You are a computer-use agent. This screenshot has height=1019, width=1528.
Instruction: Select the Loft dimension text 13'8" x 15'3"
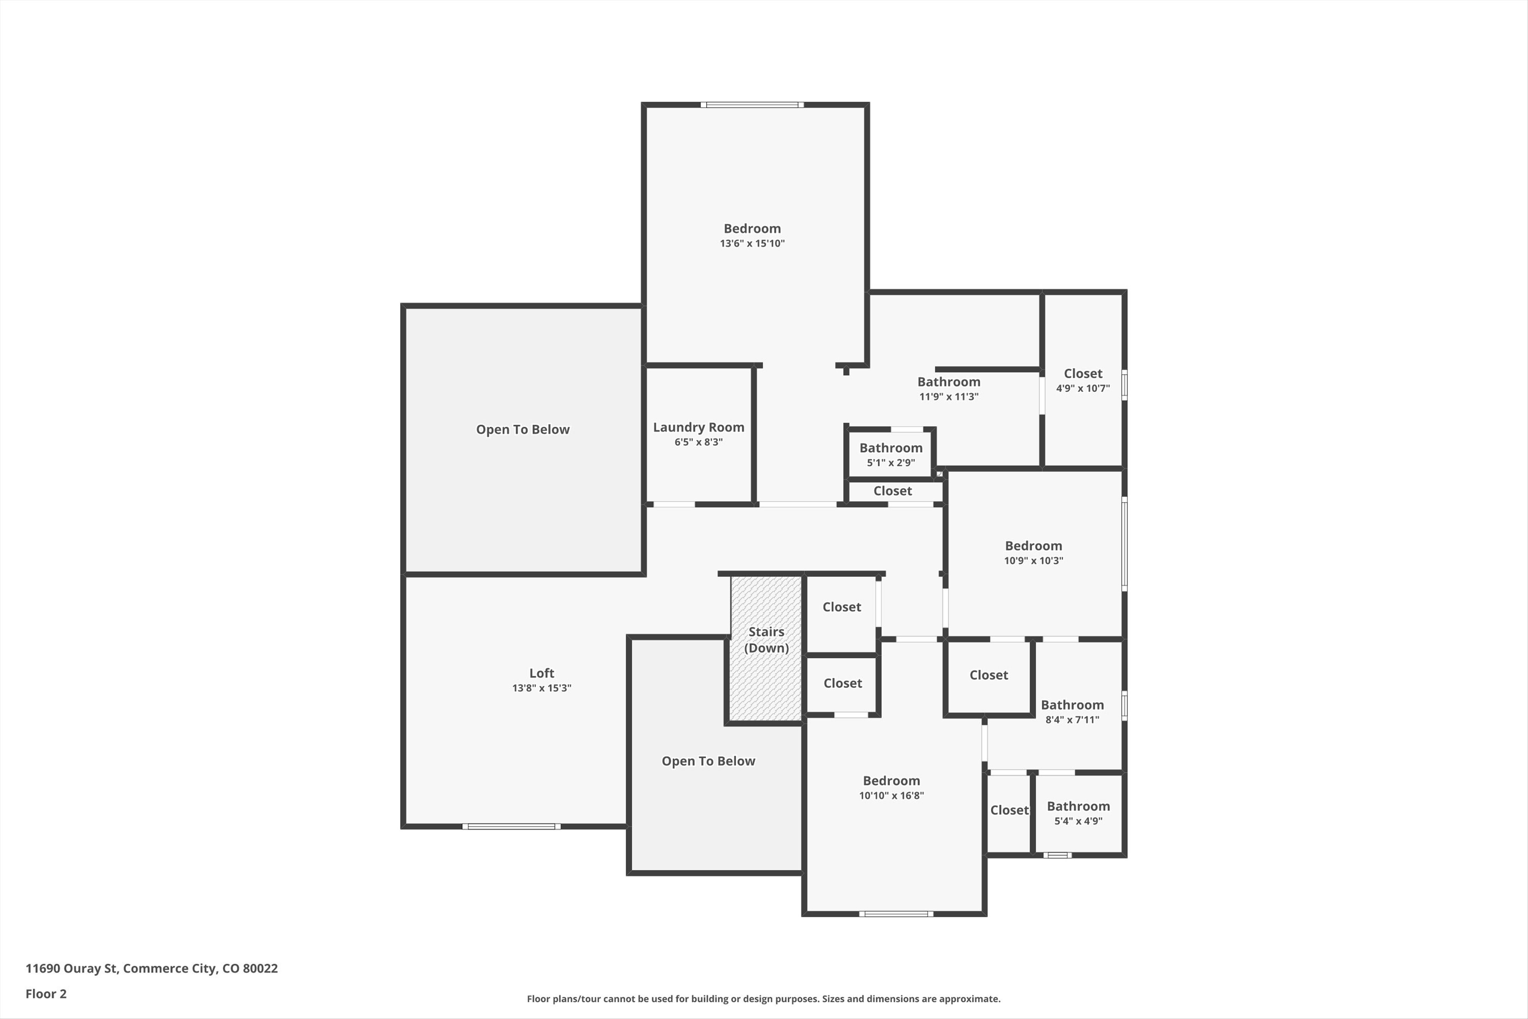click(541, 688)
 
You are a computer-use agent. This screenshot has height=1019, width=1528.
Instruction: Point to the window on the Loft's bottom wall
click(511, 827)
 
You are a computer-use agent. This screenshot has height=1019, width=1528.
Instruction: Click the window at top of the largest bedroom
click(752, 105)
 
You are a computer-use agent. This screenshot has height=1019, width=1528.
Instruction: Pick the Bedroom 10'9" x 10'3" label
click(1033, 546)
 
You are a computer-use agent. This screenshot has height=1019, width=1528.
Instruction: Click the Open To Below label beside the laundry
click(522, 429)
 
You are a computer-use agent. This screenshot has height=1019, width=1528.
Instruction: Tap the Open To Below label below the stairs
click(708, 761)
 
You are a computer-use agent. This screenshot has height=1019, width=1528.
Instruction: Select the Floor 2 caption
click(45, 994)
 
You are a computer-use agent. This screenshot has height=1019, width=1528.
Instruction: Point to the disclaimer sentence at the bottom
click(763, 999)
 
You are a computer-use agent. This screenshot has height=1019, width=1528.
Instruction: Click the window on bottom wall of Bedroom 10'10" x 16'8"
click(896, 914)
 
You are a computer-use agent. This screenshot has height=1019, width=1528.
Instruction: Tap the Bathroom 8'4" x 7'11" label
click(1072, 705)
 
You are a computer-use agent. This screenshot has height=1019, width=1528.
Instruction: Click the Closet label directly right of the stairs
click(841, 607)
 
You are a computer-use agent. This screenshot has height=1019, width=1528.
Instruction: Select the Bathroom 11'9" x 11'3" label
click(949, 382)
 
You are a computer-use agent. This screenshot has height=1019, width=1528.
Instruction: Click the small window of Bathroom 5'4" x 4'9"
click(1057, 855)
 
